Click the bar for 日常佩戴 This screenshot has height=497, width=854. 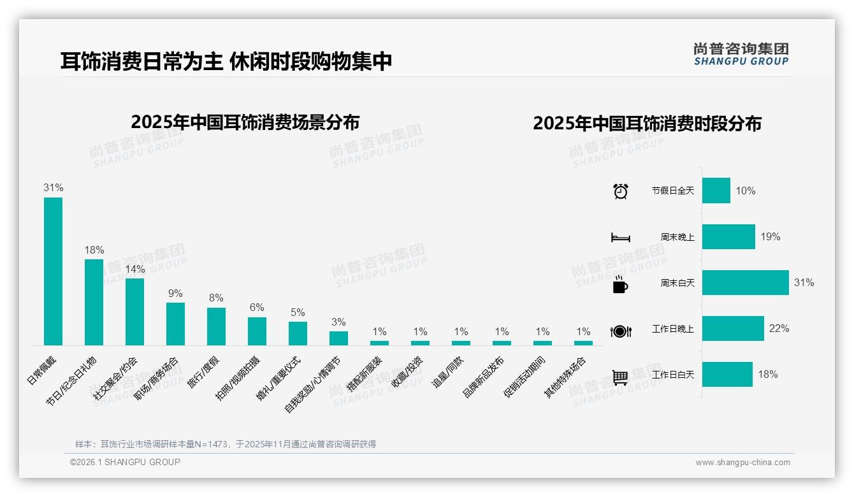tap(53, 271)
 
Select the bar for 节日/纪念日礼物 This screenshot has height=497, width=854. tap(94, 302)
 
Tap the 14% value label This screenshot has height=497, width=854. tap(134, 270)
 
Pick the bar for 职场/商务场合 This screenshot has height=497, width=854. tap(175, 324)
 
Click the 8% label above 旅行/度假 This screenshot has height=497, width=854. tap(216, 298)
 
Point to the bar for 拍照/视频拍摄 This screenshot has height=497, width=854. tap(257, 331)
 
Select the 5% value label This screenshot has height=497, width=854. tap(298, 312)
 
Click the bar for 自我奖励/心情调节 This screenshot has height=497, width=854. tap(338, 338)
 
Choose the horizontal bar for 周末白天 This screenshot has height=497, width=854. tap(745, 282)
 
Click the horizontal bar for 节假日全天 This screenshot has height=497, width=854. tap(716, 191)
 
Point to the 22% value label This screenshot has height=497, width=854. tap(779, 329)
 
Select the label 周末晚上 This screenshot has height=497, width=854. tap(677, 237)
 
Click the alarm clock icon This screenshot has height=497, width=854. tap(620, 191)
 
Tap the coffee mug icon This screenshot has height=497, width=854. tap(620, 284)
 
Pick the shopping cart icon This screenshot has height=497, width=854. tap(620, 377)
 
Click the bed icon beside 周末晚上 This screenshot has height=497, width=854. tap(620, 238)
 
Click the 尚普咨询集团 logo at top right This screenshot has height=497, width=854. tap(741, 54)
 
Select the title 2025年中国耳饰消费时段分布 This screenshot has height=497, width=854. tap(647, 124)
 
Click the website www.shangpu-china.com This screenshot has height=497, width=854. tap(742, 463)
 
